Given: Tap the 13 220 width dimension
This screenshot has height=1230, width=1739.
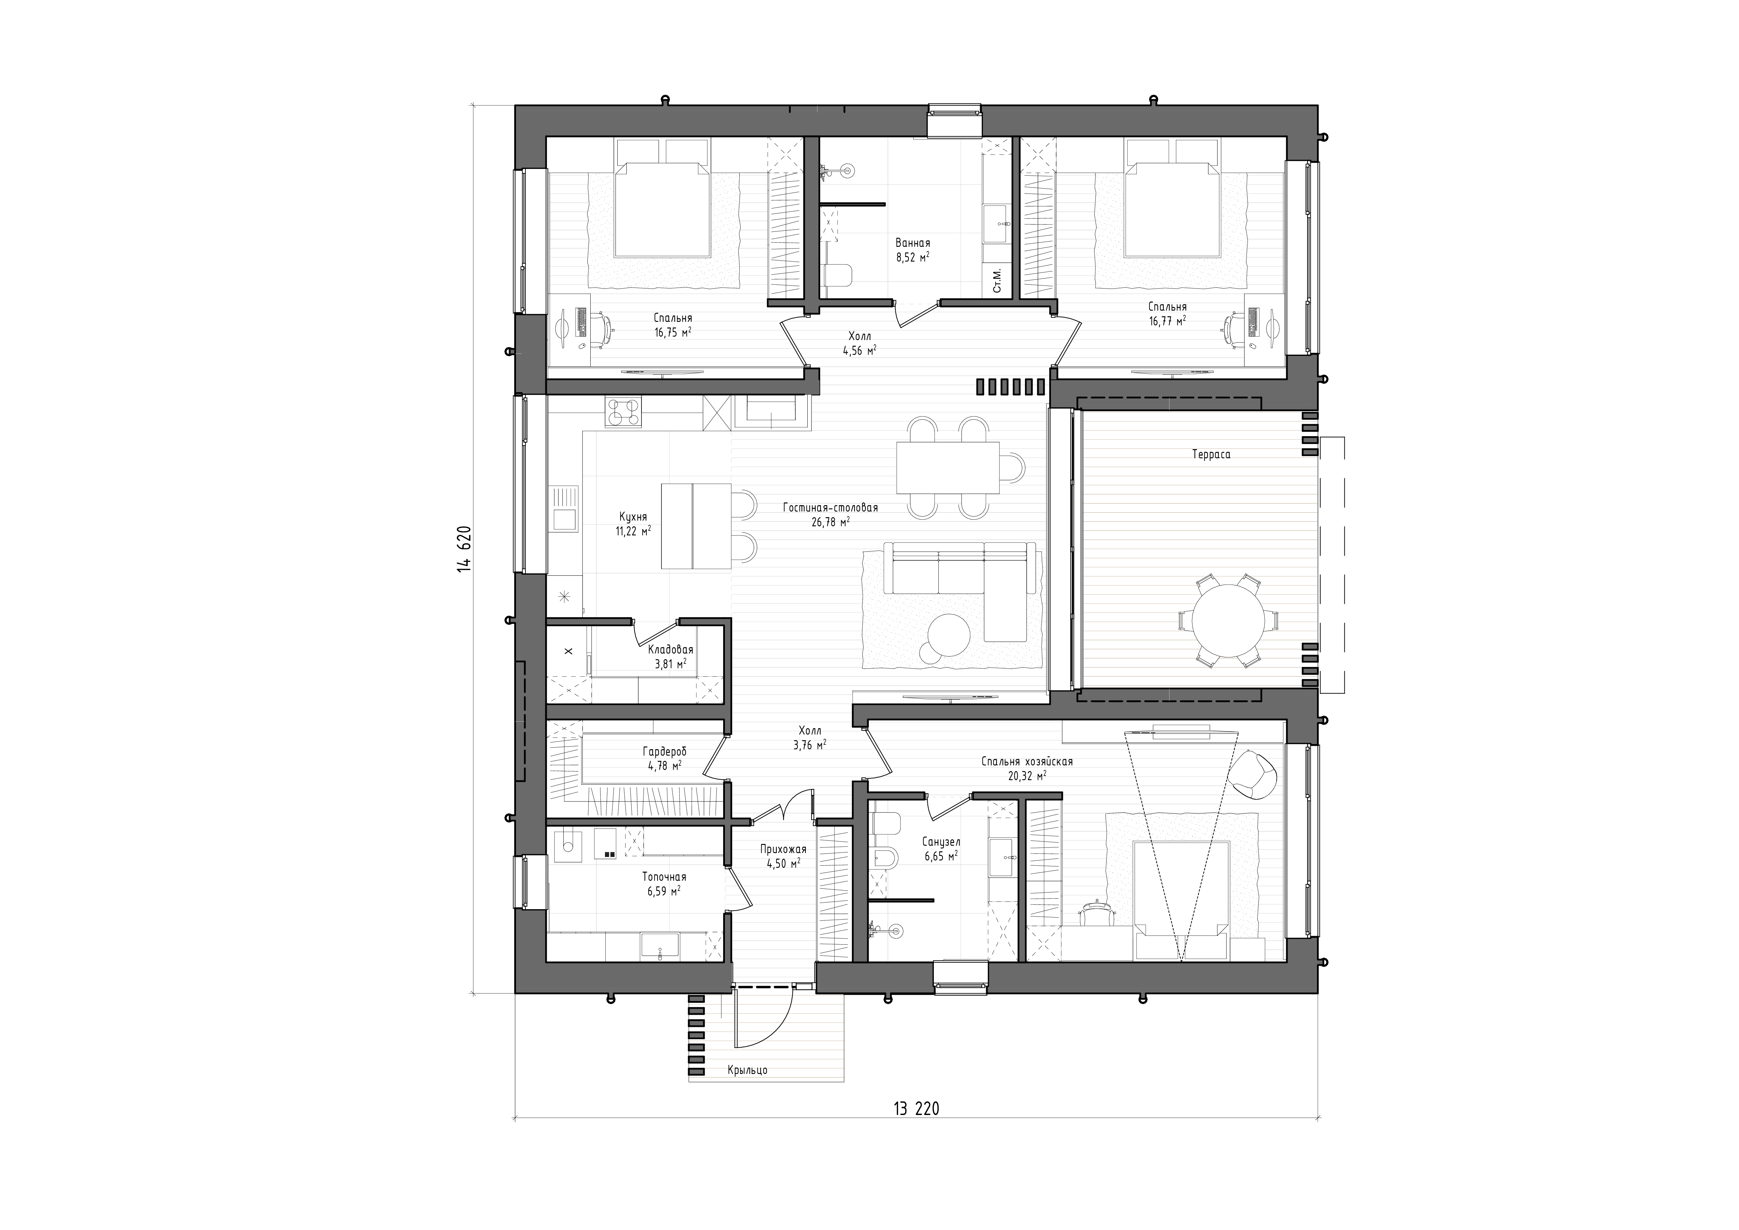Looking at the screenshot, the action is tap(916, 1109).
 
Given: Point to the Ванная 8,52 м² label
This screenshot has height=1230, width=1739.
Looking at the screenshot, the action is tap(913, 250).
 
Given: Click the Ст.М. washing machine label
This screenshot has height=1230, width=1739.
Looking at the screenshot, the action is tap(997, 280).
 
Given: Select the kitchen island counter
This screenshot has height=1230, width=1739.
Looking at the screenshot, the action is tap(696, 526).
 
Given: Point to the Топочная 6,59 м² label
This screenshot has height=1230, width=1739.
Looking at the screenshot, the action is tap(664, 883).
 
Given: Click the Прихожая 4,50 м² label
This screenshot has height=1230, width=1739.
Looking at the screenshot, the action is tap(783, 856).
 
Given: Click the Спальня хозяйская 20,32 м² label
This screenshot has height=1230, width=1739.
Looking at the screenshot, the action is tap(1027, 769).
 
